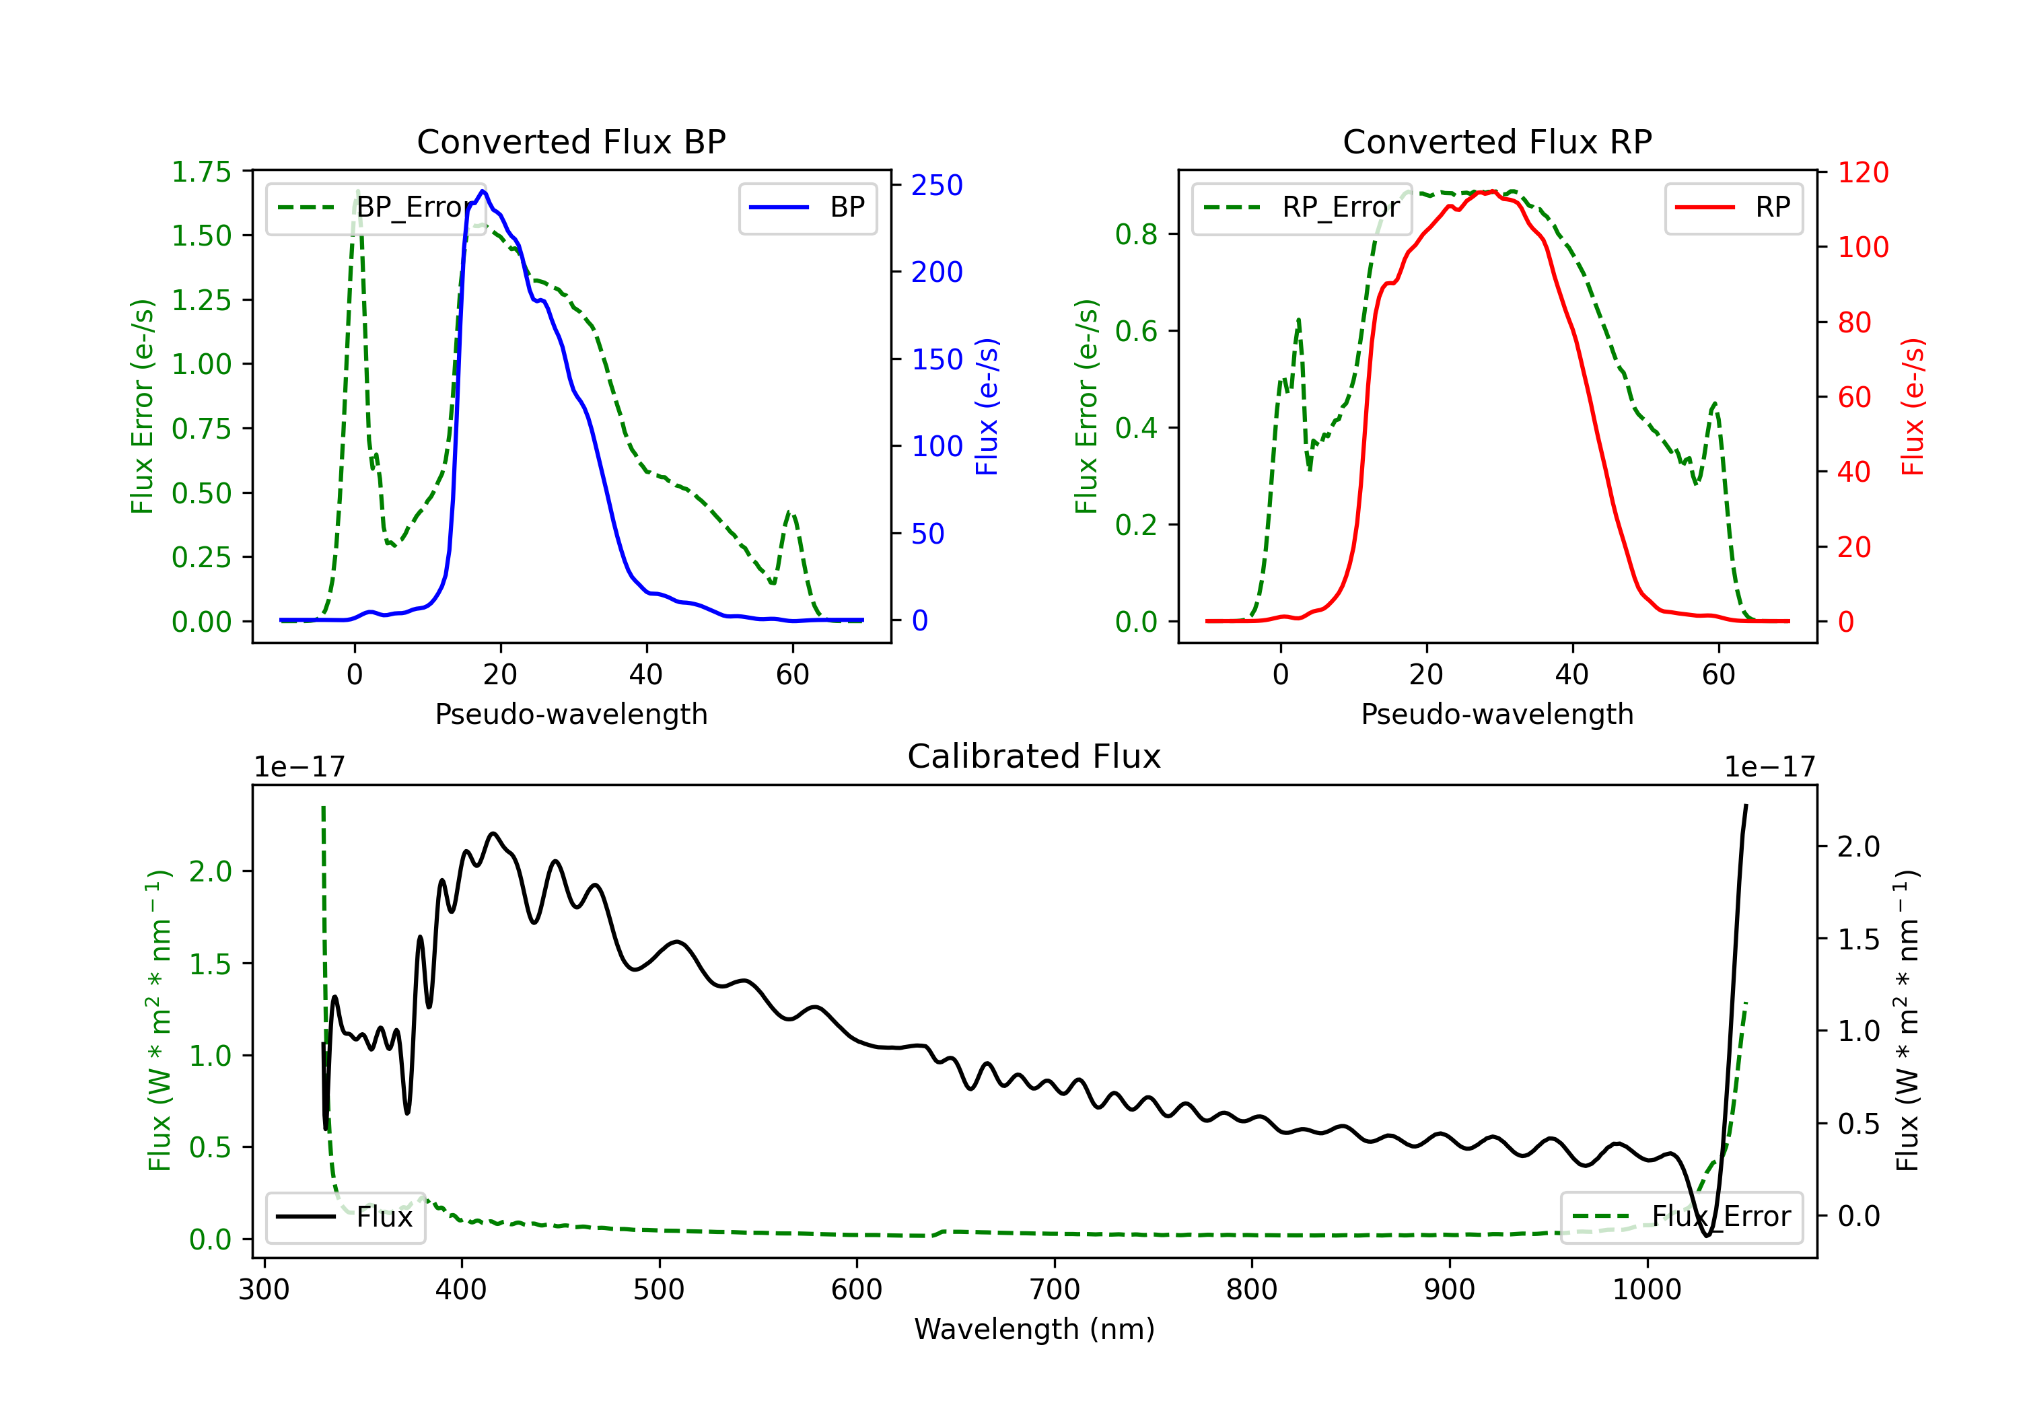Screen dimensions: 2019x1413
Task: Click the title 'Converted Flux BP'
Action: (x=571, y=141)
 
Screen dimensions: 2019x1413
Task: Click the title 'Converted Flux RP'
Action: (x=1497, y=141)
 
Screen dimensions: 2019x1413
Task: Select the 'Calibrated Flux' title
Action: (x=1034, y=756)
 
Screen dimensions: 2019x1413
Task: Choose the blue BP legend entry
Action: (x=807, y=207)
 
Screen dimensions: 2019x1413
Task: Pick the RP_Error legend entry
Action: (x=1302, y=207)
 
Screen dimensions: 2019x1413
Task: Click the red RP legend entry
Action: (x=1733, y=207)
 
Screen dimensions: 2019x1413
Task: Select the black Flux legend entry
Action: (x=345, y=1217)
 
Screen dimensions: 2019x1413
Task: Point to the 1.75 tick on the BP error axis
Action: (x=201, y=172)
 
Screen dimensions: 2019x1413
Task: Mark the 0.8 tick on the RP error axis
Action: (x=1135, y=234)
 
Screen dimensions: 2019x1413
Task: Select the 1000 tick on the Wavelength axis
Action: (x=1646, y=1289)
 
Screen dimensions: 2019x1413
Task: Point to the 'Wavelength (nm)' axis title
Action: (x=1034, y=1329)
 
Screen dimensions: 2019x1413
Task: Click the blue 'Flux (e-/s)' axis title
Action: (x=987, y=406)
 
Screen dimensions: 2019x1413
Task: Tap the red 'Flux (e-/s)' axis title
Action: (x=1913, y=406)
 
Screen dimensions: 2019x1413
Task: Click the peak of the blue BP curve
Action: (x=483, y=191)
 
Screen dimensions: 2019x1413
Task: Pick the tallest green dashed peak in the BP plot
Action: (x=357, y=191)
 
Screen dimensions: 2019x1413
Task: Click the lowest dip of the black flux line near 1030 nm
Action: (x=1707, y=1235)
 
